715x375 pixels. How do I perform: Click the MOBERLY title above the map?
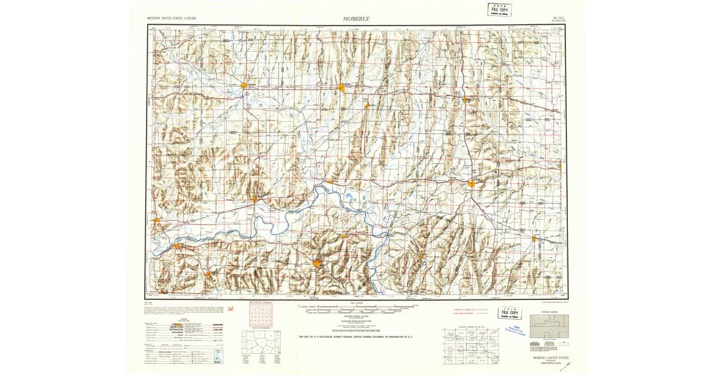pos(356,18)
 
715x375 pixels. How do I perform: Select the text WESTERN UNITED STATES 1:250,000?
pos(172,19)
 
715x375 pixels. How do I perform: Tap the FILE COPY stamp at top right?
pos(499,10)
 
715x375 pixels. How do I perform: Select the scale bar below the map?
pos(356,308)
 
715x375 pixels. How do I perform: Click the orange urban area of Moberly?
pos(471,183)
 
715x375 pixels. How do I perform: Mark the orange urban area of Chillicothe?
pos(244,86)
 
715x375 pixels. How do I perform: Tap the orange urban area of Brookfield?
pos(341,88)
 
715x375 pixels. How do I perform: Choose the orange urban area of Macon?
pos(464,99)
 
